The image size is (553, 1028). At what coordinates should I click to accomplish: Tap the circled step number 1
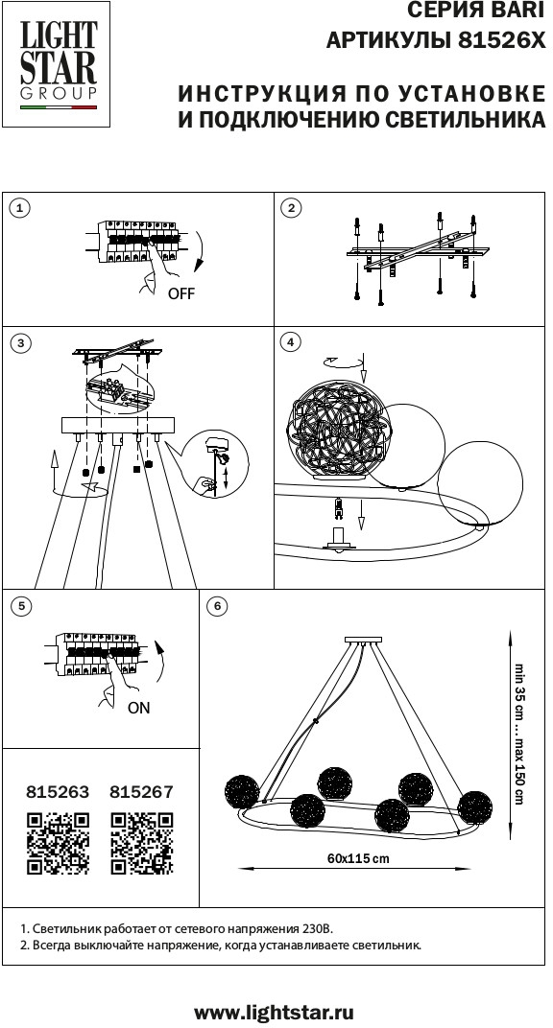click(x=21, y=208)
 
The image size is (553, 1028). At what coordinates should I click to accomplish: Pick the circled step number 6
click(x=217, y=606)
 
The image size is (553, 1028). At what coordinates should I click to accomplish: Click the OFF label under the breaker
click(x=181, y=293)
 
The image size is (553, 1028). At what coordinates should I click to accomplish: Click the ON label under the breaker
click(x=138, y=708)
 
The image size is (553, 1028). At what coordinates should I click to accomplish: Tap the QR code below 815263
click(x=58, y=843)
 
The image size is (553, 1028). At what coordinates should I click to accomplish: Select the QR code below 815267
click(x=142, y=843)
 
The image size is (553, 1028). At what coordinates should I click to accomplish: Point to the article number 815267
click(x=142, y=792)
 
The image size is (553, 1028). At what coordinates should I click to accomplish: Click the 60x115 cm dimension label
click(x=357, y=858)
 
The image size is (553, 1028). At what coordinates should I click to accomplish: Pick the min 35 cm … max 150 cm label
click(x=519, y=734)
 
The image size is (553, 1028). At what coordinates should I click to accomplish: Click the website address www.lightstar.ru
click(x=275, y=1012)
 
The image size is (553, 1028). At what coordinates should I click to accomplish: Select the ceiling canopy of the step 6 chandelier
click(x=363, y=640)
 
